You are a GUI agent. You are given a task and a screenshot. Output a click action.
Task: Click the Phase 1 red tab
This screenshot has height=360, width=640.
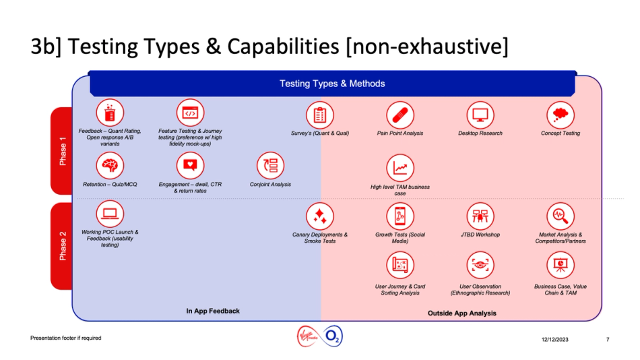[62, 151]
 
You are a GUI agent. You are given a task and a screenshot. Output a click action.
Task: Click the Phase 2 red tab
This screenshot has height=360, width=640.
[62, 246]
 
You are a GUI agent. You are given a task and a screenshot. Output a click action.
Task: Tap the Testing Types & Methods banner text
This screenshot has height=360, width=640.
[332, 84]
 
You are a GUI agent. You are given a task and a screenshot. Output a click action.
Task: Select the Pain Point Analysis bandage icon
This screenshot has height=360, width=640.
[400, 115]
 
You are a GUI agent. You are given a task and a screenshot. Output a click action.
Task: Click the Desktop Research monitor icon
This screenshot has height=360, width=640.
[480, 115]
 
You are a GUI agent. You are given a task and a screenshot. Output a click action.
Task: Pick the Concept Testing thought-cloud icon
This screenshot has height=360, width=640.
[560, 115]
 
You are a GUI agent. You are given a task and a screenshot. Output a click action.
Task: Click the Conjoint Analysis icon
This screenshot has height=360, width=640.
[271, 166]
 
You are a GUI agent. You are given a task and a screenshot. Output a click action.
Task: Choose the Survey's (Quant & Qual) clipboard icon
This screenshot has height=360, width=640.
[320, 115]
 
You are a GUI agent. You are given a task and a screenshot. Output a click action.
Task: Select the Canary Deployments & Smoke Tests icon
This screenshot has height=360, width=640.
[320, 216]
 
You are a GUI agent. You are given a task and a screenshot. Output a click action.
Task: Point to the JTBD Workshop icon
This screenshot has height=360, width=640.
[480, 216]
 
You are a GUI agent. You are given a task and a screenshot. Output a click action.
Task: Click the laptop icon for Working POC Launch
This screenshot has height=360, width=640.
[110, 214]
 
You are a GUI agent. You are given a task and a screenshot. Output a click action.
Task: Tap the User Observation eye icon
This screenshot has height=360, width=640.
[480, 266]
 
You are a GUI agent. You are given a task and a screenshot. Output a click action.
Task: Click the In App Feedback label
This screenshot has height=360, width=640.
[213, 311]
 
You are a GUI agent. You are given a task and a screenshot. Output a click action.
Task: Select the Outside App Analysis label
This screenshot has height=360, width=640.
[461, 313]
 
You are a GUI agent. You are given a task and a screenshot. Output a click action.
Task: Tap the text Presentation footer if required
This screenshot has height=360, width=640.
[65, 338]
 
